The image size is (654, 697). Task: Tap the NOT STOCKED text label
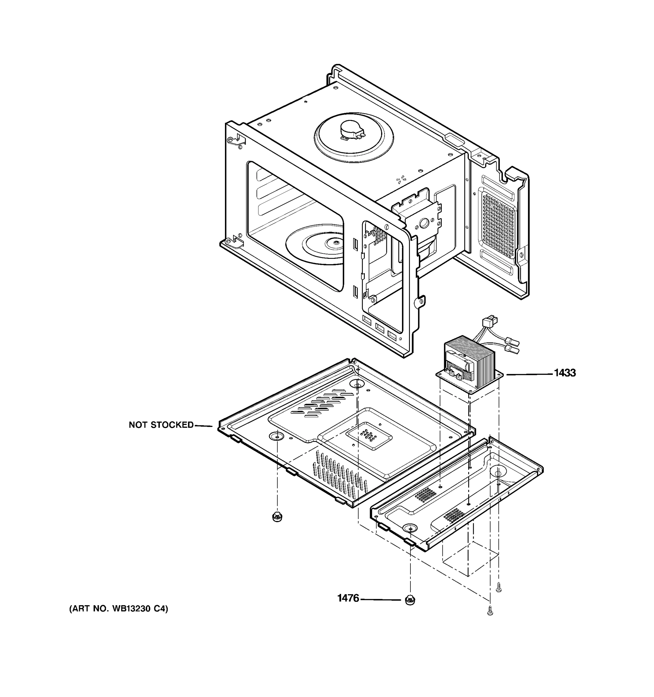tap(161, 425)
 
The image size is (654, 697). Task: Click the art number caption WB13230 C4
tap(119, 609)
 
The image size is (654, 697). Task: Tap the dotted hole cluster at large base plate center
tap(368, 435)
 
